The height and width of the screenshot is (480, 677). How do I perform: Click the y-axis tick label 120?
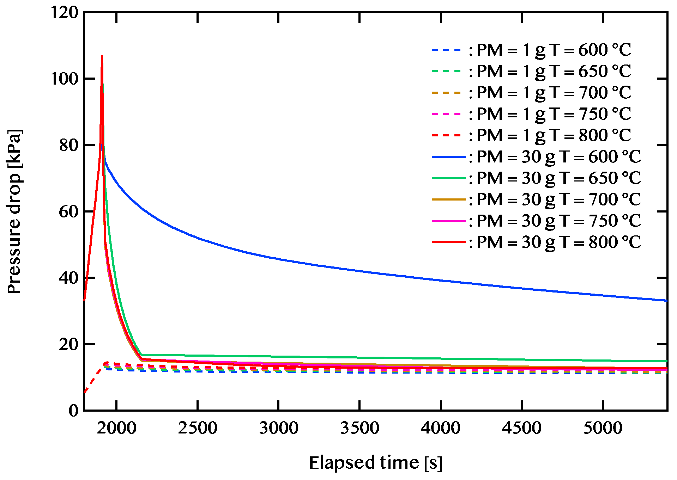tap(64, 13)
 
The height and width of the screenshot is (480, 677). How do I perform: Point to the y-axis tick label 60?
tap(68, 212)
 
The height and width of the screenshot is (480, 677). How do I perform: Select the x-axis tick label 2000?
tap(117, 428)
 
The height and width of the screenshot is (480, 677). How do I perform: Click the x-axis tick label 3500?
tap(359, 428)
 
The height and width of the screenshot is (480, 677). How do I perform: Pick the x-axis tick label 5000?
tap(603, 428)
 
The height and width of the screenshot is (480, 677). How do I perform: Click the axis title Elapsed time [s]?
tap(375, 463)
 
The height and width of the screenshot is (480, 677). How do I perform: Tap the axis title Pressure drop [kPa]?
tap(15, 211)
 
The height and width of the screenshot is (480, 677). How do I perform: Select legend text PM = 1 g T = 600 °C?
tap(554, 50)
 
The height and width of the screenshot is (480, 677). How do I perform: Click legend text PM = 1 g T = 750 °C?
tap(554, 114)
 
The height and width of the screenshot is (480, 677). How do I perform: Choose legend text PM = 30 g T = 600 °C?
tap(559, 157)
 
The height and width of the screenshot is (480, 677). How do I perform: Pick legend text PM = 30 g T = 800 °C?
tap(559, 242)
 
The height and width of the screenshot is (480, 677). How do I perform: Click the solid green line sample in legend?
tap(449, 178)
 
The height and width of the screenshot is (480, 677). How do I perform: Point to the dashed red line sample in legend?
tap(446, 135)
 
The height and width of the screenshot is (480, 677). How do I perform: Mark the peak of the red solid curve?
tap(102, 56)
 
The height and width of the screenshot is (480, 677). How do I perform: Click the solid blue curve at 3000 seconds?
tap(279, 259)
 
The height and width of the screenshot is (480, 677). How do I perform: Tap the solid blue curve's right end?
tap(667, 301)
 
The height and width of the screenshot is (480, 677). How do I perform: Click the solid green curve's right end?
tap(667, 361)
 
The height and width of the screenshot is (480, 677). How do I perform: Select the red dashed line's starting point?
tap(84, 393)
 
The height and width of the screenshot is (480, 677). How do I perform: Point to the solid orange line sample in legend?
tap(449, 200)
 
